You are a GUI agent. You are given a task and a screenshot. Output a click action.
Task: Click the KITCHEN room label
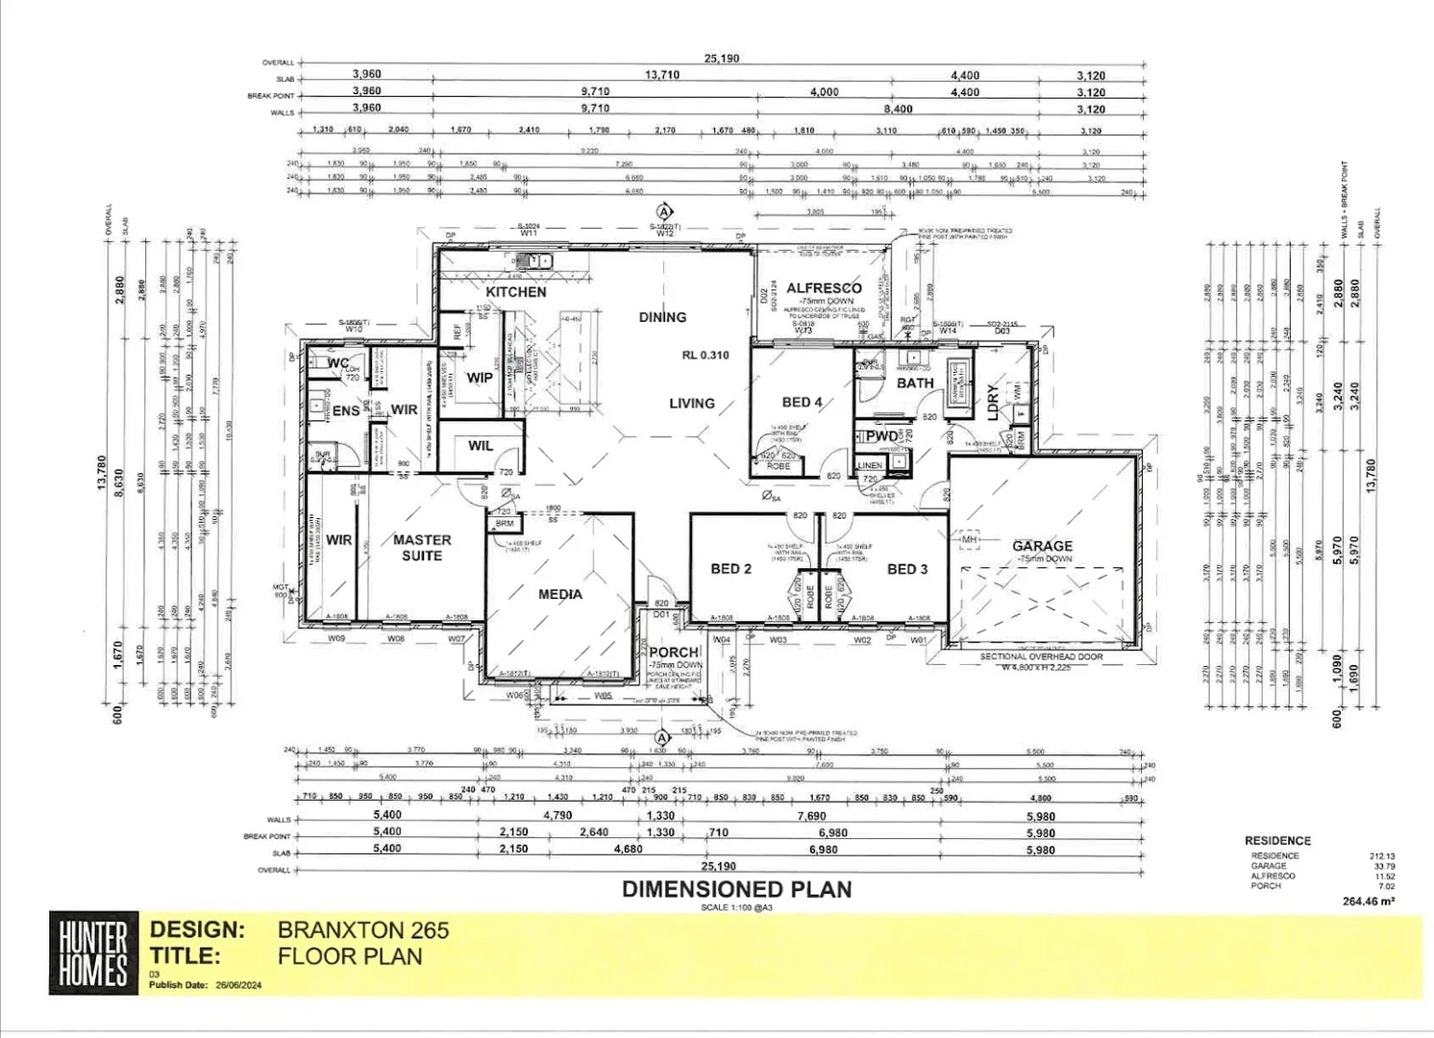[515, 291]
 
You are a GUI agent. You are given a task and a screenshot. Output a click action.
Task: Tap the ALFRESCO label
[824, 287]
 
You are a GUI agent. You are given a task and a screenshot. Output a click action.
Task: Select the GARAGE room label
[1042, 545]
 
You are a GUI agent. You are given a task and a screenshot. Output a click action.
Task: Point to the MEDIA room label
[559, 594]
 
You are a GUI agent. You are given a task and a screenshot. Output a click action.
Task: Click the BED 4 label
[802, 402]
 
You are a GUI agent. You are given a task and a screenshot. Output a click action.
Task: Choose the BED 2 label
[730, 568]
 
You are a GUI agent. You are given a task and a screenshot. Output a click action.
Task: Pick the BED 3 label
[906, 569]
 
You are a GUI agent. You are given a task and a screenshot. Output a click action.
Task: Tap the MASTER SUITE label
[422, 548]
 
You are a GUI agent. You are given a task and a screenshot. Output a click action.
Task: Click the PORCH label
[674, 652]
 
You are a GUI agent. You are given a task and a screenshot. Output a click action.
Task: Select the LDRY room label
[993, 396]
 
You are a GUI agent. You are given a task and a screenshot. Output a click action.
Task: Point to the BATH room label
[915, 383]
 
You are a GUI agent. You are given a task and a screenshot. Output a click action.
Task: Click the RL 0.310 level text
[705, 355]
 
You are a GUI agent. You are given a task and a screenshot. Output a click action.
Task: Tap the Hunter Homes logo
[93, 952]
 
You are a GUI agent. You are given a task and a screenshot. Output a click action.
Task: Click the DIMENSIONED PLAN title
[736, 889]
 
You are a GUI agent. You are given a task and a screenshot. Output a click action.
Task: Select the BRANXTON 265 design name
[362, 929]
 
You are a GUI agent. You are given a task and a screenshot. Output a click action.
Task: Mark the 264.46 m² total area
[1368, 901]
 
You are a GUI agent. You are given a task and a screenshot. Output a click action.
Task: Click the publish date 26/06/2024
[238, 985]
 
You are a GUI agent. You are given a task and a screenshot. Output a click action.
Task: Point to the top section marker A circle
[664, 211]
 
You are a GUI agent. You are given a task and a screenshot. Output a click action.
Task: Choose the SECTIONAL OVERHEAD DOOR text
[1041, 656]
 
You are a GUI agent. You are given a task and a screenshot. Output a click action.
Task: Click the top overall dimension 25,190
[721, 59]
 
